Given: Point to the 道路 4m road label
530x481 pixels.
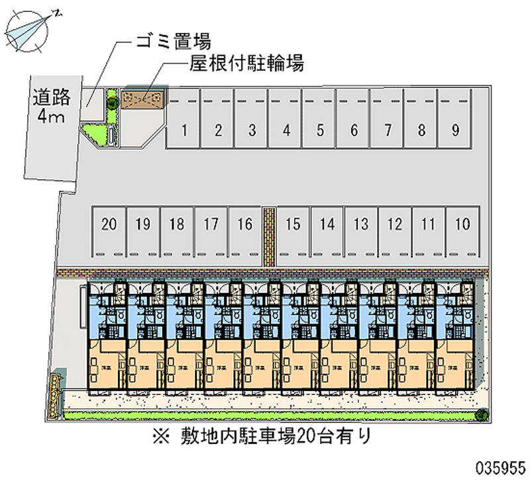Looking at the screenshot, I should coord(51,107).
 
